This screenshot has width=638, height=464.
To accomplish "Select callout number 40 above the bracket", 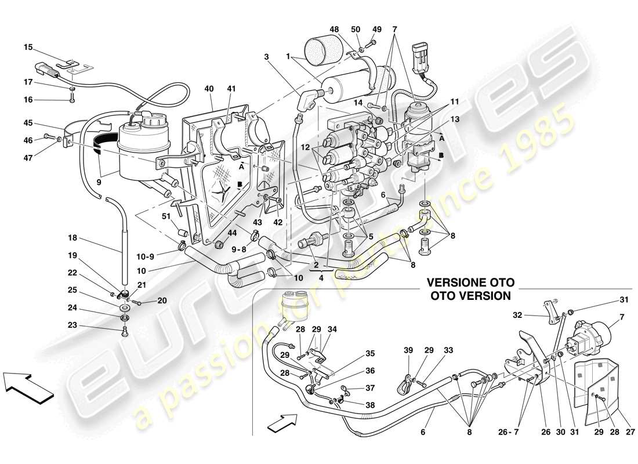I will (x=209, y=89).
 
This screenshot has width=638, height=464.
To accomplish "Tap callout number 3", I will (x=267, y=57).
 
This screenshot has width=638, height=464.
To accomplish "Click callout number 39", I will (x=409, y=351).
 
